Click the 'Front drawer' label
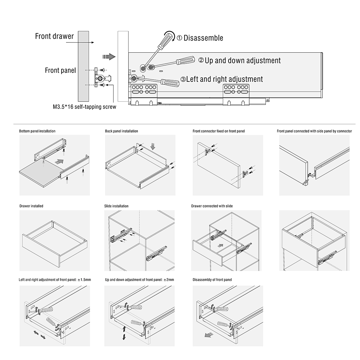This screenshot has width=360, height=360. coord(54,36)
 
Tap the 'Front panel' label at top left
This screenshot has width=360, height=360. coord(60,70)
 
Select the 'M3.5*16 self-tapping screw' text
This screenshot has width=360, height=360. coord(84,107)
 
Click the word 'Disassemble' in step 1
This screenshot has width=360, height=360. coord(203,38)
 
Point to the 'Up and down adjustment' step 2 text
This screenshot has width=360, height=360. coord(242,61)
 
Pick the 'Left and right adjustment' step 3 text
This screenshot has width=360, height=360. coord(224,79)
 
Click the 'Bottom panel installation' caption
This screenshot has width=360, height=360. coord(37,131)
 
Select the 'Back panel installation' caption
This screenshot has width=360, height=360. coord(122,131)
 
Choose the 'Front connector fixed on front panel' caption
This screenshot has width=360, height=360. coord(218,131)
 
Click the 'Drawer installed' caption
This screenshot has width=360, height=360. coord(31,206)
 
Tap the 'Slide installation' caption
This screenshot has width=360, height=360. coord(116,206)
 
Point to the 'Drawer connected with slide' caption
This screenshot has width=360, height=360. coord(212,206)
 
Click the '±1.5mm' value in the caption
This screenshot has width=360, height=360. coord(84,280)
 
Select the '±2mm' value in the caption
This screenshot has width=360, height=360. coord(168,280)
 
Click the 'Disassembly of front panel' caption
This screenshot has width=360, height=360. coord(212,280)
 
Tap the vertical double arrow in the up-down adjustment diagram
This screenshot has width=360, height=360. coord(124,333)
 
